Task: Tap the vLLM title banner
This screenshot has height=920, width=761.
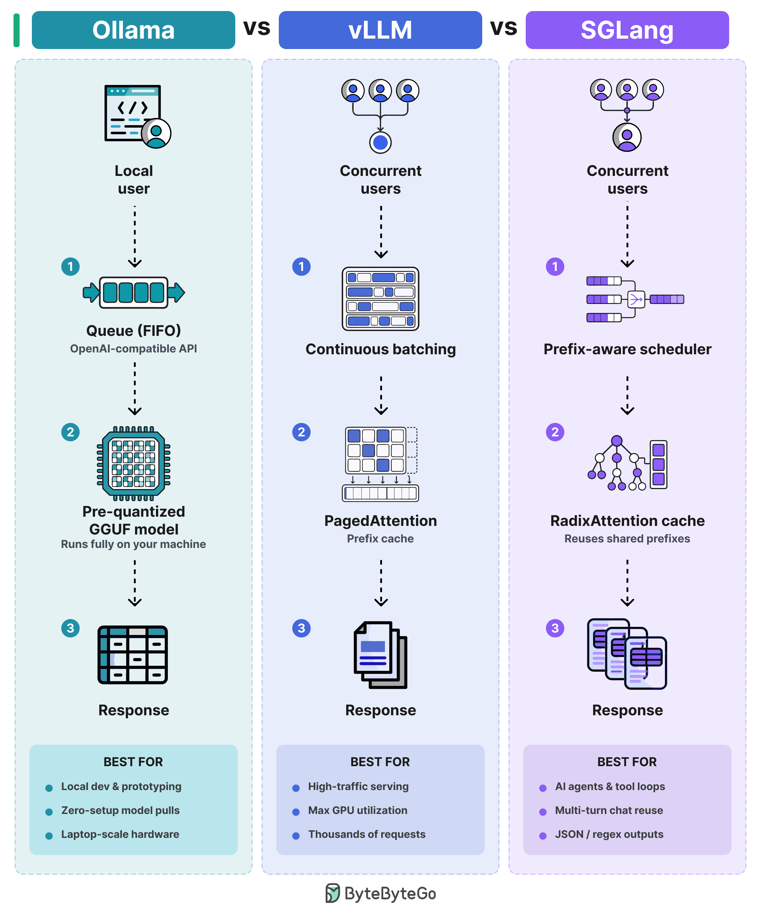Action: (380, 30)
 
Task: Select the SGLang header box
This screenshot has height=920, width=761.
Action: (627, 30)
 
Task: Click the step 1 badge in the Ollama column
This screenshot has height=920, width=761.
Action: (70, 266)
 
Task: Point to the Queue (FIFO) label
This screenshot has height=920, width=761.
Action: (134, 330)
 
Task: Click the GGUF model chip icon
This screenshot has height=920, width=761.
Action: (134, 463)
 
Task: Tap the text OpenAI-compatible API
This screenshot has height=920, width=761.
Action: (134, 349)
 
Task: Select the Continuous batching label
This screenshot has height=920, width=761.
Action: (380, 349)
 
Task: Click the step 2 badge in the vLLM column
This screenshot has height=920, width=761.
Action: (301, 432)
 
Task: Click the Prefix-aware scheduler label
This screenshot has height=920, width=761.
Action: (627, 349)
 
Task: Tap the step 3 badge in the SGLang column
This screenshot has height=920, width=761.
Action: (555, 628)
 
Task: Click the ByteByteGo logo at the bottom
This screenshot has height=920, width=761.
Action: (380, 893)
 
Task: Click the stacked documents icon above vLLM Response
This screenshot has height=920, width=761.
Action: (380, 655)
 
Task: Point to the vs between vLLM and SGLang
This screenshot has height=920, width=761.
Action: (504, 28)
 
